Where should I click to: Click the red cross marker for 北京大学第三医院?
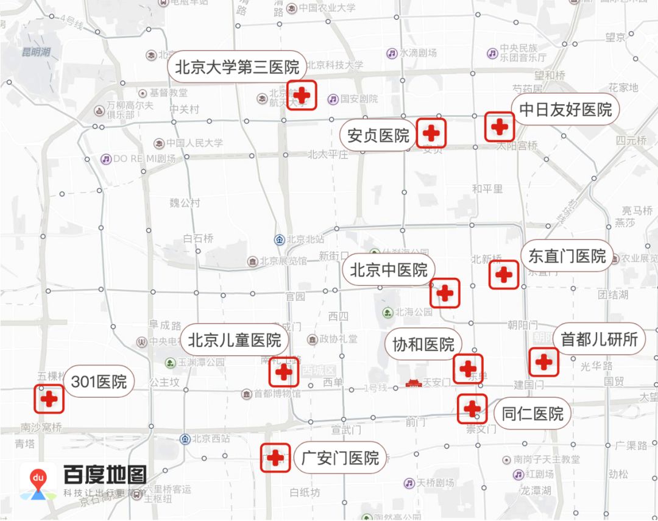pos(302,95)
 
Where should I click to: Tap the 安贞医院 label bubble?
pos(378,135)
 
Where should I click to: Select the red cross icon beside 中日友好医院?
pos(500,127)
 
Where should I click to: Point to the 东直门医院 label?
pos(567,256)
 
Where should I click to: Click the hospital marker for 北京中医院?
pos(445,293)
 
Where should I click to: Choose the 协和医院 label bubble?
pos(423,344)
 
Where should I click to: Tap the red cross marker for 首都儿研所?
pos(543,362)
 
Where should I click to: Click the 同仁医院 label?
pos(532,414)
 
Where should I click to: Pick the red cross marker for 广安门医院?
pos(275,457)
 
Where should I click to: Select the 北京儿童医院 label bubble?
pos(234,340)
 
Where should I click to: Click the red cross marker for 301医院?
pos(49,399)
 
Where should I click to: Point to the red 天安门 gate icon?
pos(414,383)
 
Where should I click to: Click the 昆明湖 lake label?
pos(36,52)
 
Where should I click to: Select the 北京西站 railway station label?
pos(210,439)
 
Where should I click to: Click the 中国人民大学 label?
pos(195,143)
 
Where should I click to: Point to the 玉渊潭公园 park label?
pos(202,363)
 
